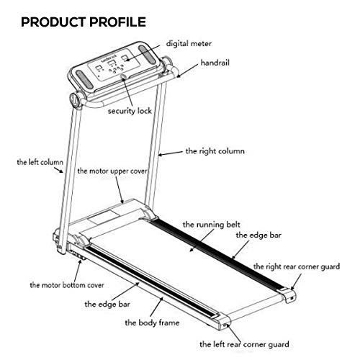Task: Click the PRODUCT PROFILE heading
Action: [84, 22]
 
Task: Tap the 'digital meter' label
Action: [189, 44]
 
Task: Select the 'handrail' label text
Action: [215, 63]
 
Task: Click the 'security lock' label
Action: [130, 111]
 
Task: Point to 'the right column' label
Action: [215, 151]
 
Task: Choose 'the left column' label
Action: [40, 162]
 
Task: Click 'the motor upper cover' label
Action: [112, 171]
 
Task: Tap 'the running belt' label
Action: [212, 225]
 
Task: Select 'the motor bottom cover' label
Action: [67, 285]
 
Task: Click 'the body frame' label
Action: [152, 323]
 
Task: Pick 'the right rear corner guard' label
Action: [297, 266]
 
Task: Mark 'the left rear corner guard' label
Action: [244, 345]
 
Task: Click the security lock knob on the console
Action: [124, 77]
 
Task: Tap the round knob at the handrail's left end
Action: [75, 99]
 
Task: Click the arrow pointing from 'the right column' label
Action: [171, 153]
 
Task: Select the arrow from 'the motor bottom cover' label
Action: [77, 269]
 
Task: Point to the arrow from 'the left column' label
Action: [58, 170]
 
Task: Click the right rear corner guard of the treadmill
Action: [288, 295]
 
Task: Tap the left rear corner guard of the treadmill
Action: [222, 322]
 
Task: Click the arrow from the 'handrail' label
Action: [187, 71]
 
